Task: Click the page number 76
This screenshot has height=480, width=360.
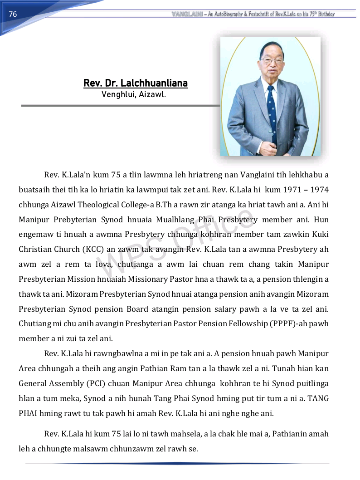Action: pyautogui.click(x=13, y=14)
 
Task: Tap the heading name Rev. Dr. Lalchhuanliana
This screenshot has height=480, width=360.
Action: pyautogui.click(x=136, y=83)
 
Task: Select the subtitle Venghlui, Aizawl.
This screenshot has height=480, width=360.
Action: pyautogui.click(x=134, y=95)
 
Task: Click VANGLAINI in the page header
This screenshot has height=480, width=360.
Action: pyautogui.click(x=187, y=14)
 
